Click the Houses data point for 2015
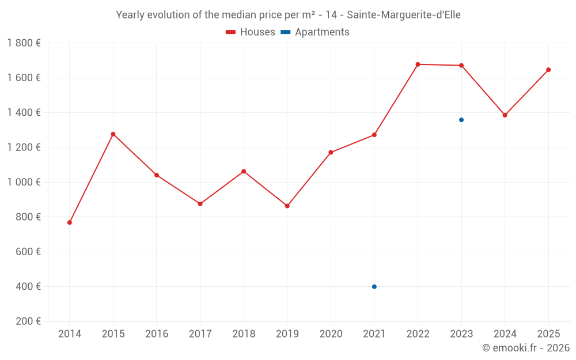point(113,134)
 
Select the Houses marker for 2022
point(418,65)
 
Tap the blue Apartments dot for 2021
point(374,287)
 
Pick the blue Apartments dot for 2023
point(461,120)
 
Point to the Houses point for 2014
point(70,222)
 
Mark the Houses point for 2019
point(287,206)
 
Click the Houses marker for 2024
point(505,115)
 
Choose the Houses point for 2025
point(548,70)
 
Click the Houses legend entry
point(251,32)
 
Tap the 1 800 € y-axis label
point(24,43)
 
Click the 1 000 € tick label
point(24,182)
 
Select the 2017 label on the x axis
point(200,334)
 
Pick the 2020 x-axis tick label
point(331,334)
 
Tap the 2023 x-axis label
point(461,334)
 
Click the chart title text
point(288,15)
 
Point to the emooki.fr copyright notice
point(525,348)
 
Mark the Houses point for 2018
point(244,172)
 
